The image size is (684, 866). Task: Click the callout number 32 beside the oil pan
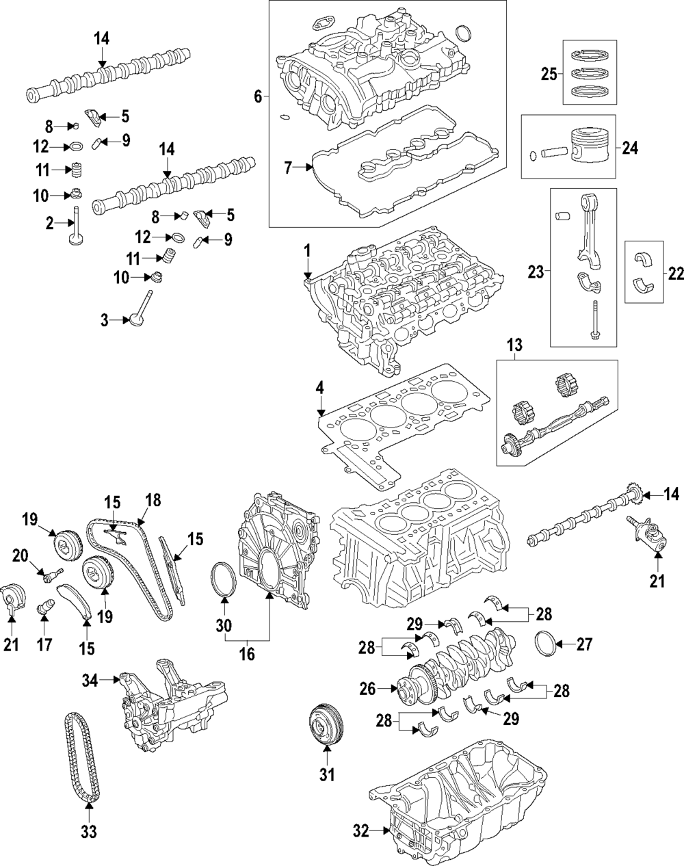tap(362, 831)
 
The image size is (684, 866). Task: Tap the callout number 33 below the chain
tap(89, 832)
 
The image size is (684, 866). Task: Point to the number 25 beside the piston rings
tap(549, 75)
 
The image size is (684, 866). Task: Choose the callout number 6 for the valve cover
tap(258, 96)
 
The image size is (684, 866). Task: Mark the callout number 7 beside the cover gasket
tap(288, 166)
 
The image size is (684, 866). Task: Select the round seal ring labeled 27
tap(545, 644)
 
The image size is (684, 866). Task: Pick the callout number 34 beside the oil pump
tap(90, 680)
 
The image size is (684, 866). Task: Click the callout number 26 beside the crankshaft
tap(367, 688)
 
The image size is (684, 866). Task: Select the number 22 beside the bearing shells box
tap(676, 273)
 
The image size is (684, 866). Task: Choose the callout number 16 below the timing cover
tap(246, 654)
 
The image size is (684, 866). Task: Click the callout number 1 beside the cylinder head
tap(308, 251)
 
